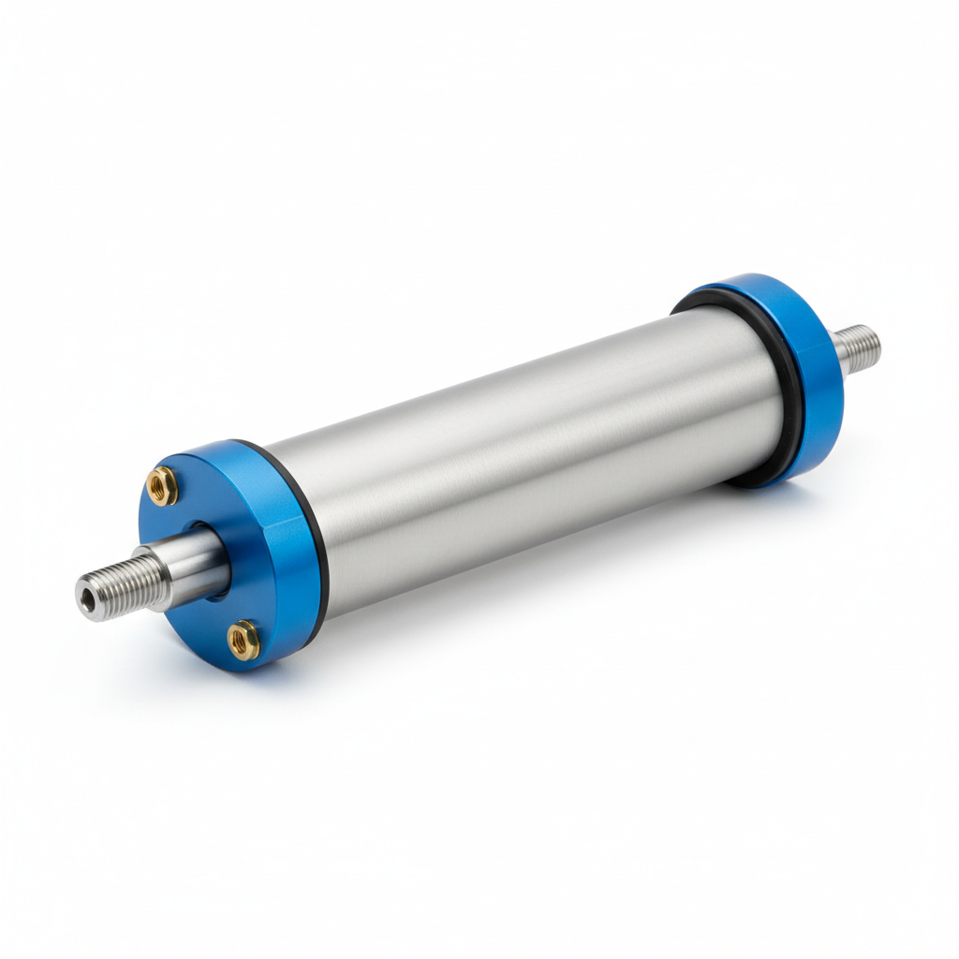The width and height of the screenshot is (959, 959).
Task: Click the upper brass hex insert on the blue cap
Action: click(161, 485)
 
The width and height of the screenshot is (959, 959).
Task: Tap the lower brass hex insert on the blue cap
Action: click(243, 641)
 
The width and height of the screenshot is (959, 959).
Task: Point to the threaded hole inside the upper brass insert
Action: click(161, 485)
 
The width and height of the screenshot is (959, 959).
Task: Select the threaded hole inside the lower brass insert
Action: click(243, 641)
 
